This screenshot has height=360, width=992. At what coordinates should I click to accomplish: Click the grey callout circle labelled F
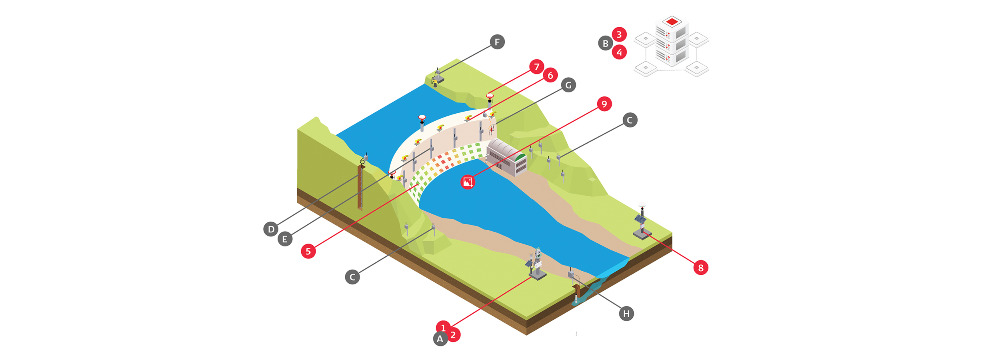click(x=497, y=42)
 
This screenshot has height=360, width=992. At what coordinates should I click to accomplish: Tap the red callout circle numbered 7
click(x=536, y=66)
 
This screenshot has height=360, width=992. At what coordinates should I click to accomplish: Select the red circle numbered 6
click(x=550, y=75)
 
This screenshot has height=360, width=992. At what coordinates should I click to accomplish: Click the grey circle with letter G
click(x=568, y=85)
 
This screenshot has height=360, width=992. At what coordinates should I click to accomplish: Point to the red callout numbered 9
click(x=604, y=104)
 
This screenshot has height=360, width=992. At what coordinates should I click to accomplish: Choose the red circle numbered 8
click(x=700, y=268)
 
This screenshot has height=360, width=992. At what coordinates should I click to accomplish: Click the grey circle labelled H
click(x=626, y=314)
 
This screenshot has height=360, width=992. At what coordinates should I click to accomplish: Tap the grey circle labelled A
click(x=440, y=339)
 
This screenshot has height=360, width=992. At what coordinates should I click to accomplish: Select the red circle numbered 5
click(x=308, y=251)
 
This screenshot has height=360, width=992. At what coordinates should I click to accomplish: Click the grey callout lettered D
click(x=271, y=229)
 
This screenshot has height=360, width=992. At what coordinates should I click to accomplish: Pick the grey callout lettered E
click(x=285, y=239)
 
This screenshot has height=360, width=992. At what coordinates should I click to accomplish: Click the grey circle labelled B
click(x=605, y=43)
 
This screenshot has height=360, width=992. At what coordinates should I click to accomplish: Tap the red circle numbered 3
click(x=619, y=34)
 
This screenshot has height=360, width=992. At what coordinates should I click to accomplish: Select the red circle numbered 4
click(x=619, y=52)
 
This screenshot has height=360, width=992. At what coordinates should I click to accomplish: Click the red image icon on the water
click(x=468, y=182)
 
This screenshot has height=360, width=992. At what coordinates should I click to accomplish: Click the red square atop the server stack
click(x=672, y=21)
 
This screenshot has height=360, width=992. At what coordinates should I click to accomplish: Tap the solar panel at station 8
click(x=640, y=219)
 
